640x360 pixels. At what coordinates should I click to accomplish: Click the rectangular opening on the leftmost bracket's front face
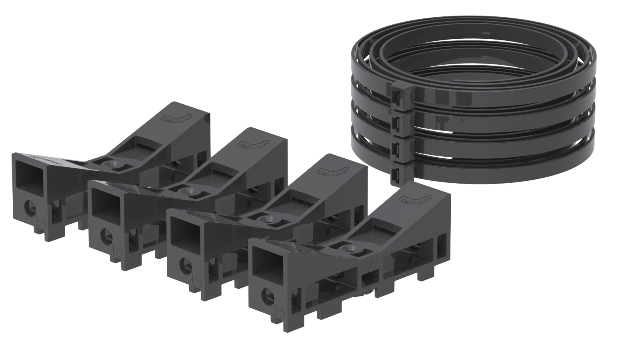click(x=29, y=174)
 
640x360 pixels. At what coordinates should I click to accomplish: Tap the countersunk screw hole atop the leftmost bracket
click(x=110, y=165)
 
